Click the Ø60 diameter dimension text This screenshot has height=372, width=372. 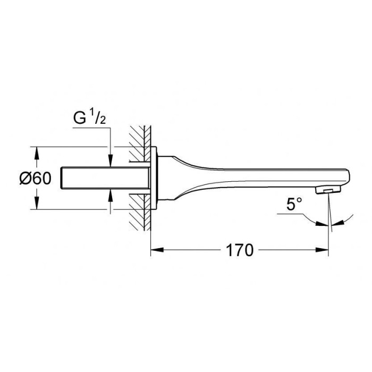[35, 179]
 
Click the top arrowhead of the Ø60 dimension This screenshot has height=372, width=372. [36, 151]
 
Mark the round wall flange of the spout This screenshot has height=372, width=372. [155, 179]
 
